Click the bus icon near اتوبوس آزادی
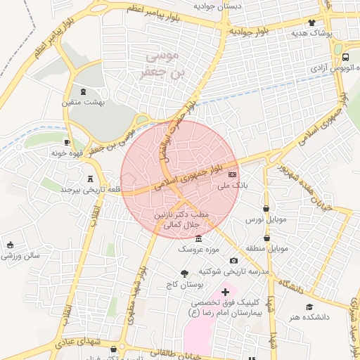coord(345,58)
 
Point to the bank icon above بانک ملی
coord(233,174)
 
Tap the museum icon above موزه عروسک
coord(198,238)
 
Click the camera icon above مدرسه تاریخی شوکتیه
coord(233,260)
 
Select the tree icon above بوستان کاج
coord(185,274)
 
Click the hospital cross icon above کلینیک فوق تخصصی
coord(225,291)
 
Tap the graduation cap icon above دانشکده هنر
coord(309,307)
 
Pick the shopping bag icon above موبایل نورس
coord(266,208)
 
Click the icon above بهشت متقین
coord(84,91)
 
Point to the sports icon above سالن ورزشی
coord(10,245)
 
